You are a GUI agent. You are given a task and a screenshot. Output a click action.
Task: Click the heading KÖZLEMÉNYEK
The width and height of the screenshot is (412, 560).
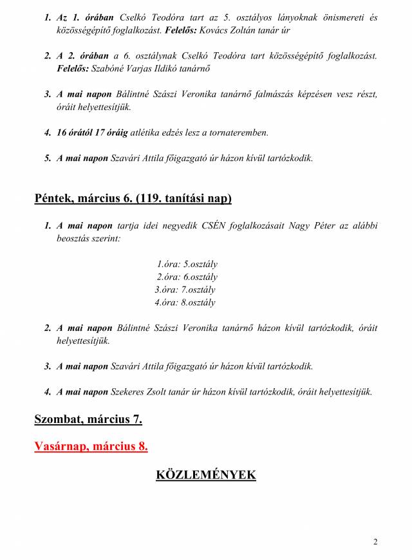point(206,475)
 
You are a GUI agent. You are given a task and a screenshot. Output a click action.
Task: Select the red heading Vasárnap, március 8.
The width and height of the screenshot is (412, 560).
point(91,446)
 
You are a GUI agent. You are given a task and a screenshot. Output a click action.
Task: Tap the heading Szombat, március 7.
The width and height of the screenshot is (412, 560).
point(88,420)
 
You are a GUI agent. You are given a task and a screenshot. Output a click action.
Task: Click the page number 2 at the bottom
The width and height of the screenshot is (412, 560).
point(375,541)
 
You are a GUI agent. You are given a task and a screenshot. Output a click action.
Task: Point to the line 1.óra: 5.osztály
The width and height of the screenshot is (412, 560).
point(187,264)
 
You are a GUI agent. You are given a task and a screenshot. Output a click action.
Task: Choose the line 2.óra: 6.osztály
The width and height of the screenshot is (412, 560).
point(187,277)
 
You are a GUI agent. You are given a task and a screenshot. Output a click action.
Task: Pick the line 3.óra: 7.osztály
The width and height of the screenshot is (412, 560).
point(185,290)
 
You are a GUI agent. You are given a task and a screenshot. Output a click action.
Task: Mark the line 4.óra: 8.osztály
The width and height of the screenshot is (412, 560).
point(185,303)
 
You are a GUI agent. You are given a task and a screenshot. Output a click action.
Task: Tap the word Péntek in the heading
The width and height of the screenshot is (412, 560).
point(52,199)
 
